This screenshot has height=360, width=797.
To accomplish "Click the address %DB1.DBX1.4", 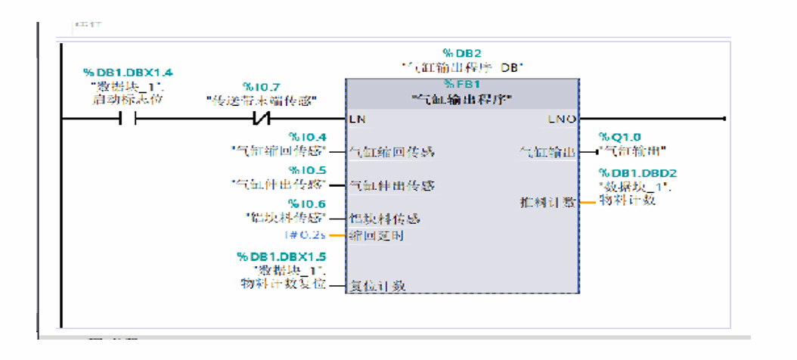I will click(128, 72).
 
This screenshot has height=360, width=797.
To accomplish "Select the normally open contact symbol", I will click(127, 119).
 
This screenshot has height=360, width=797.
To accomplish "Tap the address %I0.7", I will click(261, 87).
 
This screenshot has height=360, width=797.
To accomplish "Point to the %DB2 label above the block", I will click(462, 53).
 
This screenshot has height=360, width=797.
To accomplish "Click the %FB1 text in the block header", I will click(462, 84).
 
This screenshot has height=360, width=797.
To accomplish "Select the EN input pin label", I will click(357, 119).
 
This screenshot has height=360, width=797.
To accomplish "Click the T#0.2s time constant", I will click(312, 234).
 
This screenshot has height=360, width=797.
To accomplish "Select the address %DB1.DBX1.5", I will click(280, 257).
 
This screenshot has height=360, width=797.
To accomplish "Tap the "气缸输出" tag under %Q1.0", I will click(627, 151).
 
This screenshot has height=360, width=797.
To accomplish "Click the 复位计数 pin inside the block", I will click(377, 286).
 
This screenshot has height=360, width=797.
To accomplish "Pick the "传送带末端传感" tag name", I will click(261, 100).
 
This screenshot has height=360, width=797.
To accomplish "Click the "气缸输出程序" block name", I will click(462, 98).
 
